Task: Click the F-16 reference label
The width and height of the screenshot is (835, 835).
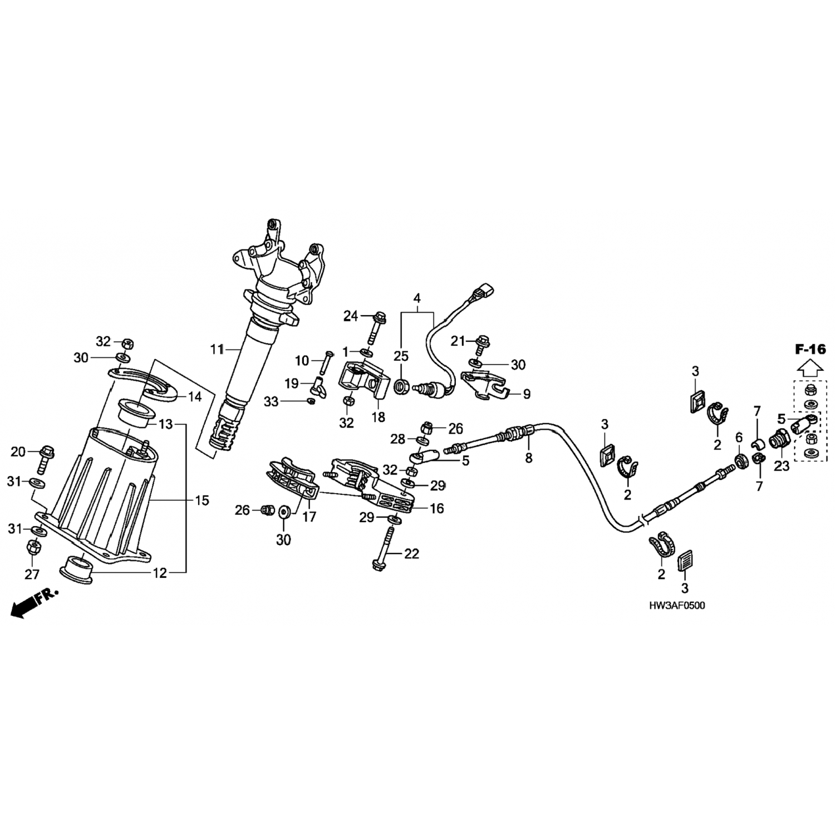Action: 810,350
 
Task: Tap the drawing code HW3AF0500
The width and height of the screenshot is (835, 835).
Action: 675,606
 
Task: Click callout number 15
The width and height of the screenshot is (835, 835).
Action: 202,500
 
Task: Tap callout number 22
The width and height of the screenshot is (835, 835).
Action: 412,554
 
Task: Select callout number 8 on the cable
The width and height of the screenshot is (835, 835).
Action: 529,458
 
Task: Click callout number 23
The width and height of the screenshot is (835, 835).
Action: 782,466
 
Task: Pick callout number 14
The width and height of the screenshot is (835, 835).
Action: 194,397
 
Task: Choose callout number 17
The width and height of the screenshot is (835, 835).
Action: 309,517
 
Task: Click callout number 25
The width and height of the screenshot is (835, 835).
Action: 401,356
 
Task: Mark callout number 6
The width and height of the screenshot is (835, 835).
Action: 739,438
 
